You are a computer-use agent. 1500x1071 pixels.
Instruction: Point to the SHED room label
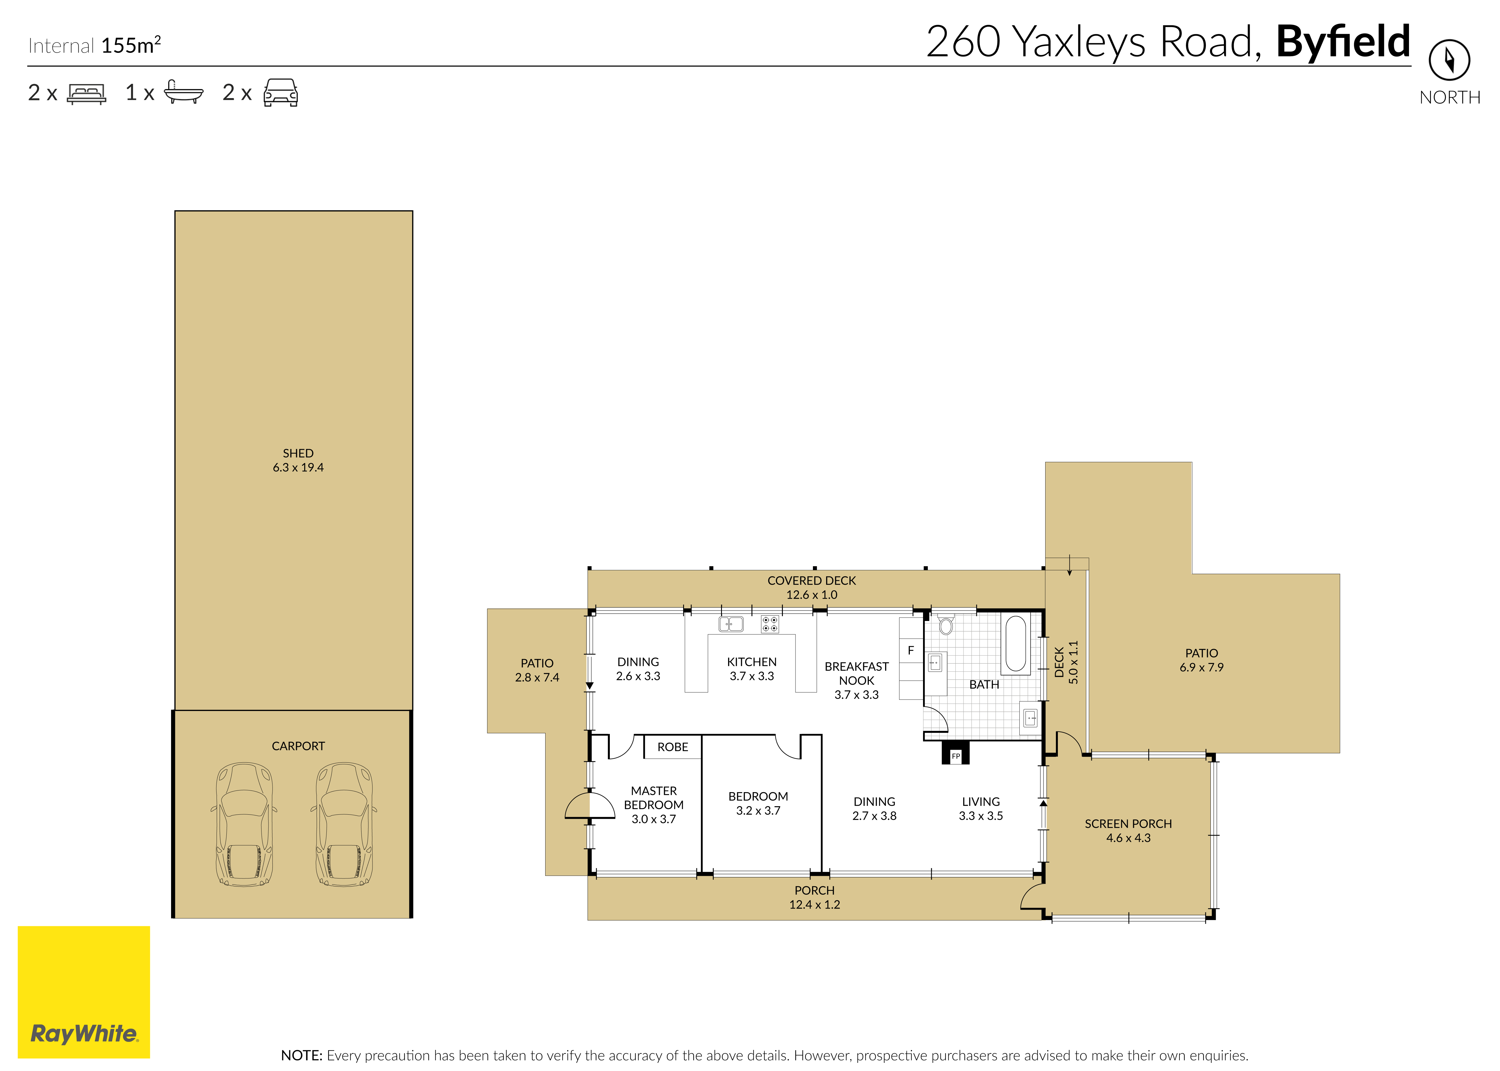click(298, 453)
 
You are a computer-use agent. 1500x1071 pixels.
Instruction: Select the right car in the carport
click(343, 824)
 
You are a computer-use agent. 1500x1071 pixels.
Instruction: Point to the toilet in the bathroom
click(946, 624)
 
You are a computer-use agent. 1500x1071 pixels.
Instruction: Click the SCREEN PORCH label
click(1128, 824)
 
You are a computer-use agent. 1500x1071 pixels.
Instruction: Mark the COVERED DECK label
click(812, 580)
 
